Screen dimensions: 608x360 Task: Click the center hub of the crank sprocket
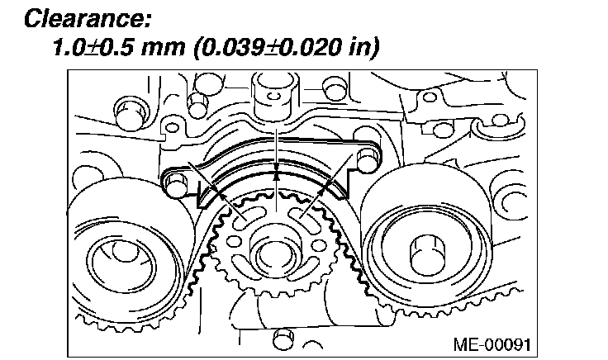276,248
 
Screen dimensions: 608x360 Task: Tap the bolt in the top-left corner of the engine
126,109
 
